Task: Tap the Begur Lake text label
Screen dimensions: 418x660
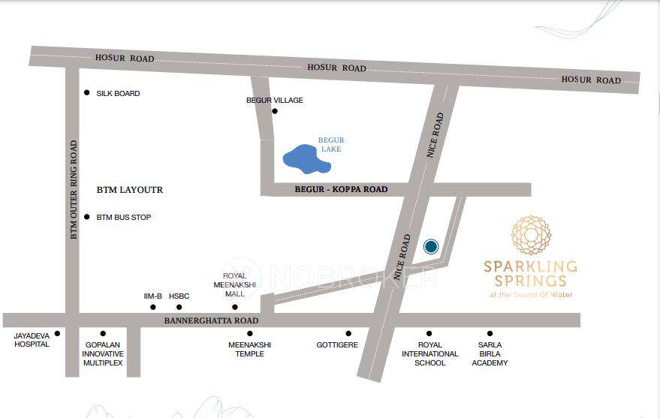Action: point(330,145)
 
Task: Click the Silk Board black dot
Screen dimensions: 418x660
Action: point(87,93)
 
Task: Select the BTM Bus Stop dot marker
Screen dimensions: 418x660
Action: point(87,217)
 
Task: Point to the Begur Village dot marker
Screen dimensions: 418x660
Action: point(275,112)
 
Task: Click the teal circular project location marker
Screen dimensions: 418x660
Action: point(430,246)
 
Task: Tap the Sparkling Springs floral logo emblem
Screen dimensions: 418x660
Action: point(531,235)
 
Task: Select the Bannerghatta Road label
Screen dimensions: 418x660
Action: point(212,321)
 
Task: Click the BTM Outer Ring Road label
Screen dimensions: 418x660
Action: point(74,190)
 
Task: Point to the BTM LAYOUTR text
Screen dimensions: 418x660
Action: point(130,190)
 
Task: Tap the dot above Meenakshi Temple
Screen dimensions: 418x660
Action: point(250,333)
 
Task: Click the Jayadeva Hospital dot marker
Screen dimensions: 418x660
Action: point(57,333)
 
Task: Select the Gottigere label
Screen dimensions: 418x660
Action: point(337,345)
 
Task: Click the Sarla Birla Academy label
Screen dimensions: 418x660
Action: point(490,353)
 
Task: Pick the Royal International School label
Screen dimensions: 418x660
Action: point(429,353)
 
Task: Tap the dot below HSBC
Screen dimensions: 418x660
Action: point(179,307)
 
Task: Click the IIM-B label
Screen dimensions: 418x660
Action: point(153,296)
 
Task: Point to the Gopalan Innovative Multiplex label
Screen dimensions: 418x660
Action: point(103,353)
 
